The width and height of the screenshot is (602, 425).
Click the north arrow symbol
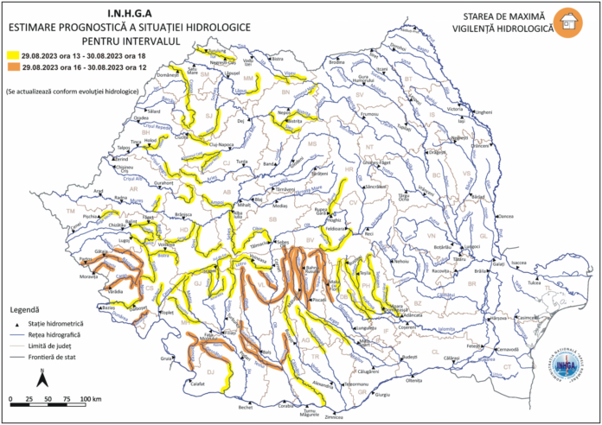click(x=41, y=377)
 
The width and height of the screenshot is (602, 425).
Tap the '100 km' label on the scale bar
click(x=91, y=398)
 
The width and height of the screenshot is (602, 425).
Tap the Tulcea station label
click(x=535, y=282)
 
